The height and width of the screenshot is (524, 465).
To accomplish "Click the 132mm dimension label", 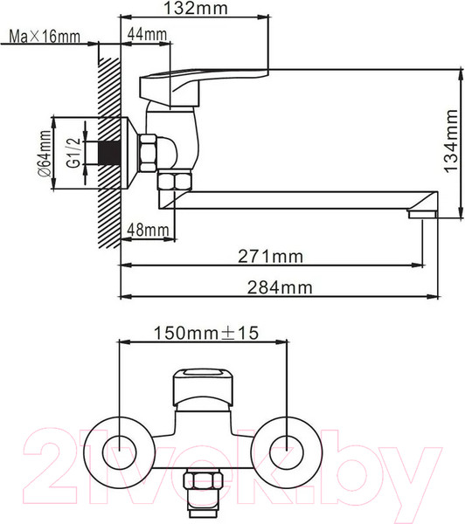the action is (x=196, y=9).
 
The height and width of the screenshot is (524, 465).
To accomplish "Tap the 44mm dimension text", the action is (x=147, y=34).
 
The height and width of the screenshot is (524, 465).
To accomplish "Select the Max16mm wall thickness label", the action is (x=45, y=37).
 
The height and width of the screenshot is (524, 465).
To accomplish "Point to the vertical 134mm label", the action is (x=451, y=141).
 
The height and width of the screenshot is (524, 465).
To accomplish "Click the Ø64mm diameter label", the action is (x=45, y=154).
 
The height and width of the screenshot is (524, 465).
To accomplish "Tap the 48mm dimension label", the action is (x=148, y=230).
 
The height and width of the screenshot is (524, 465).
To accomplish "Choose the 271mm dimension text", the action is (x=270, y=257).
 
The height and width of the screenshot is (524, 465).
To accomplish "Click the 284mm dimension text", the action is (x=280, y=287).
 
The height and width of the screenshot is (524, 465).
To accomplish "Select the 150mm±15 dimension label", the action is (x=206, y=333).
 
